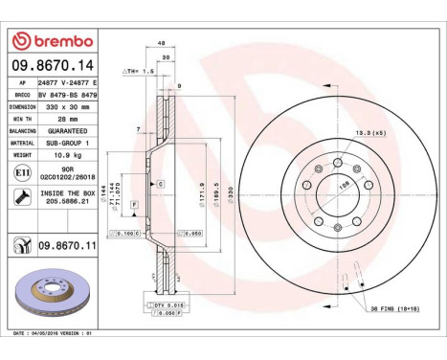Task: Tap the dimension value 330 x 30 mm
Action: [70, 107]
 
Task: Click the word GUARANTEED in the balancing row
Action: [69, 129]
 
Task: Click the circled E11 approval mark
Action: [23, 171]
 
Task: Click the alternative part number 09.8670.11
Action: [67, 245]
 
